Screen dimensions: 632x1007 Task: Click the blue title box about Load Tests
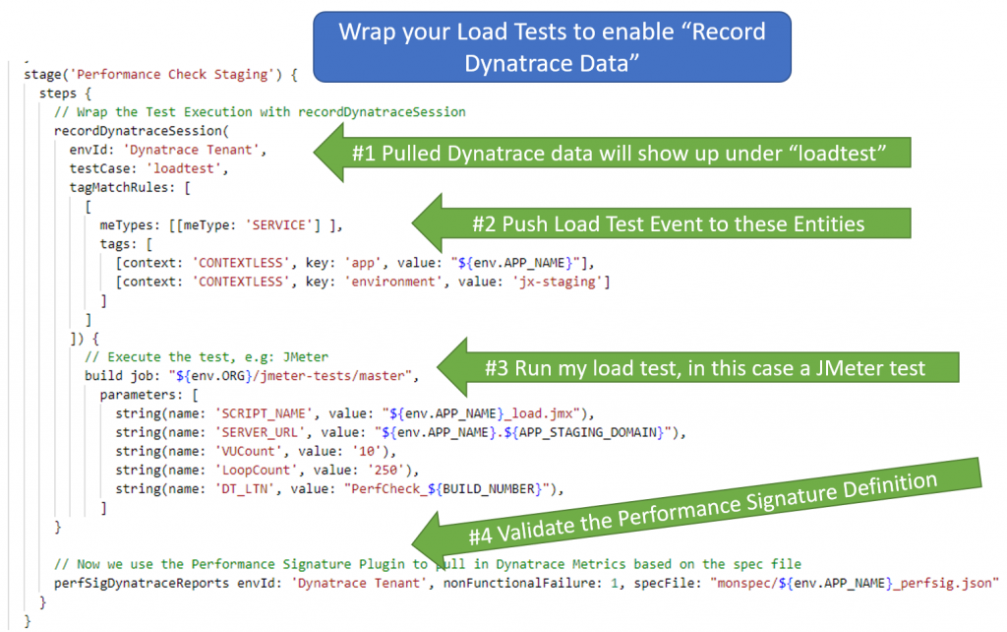(x=552, y=44)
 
